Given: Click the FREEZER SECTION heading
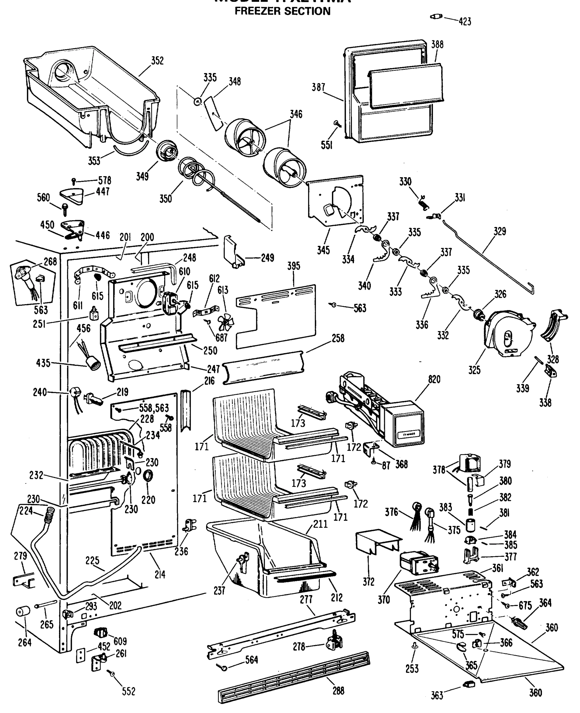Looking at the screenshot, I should [x=282, y=11].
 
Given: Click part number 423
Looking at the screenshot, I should [x=465, y=22].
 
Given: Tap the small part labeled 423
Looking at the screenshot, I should [x=436, y=16].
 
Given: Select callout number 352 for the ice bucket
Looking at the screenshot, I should [x=157, y=61].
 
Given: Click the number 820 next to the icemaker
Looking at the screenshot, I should [x=434, y=379].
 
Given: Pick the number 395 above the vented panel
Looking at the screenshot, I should [x=293, y=266].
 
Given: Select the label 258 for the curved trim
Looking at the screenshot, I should [x=338, y=338].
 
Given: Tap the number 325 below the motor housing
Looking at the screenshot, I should [x=474, y=370].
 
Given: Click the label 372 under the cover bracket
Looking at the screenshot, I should [x=369, y=582].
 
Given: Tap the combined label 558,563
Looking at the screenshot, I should [x=154, y=408].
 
